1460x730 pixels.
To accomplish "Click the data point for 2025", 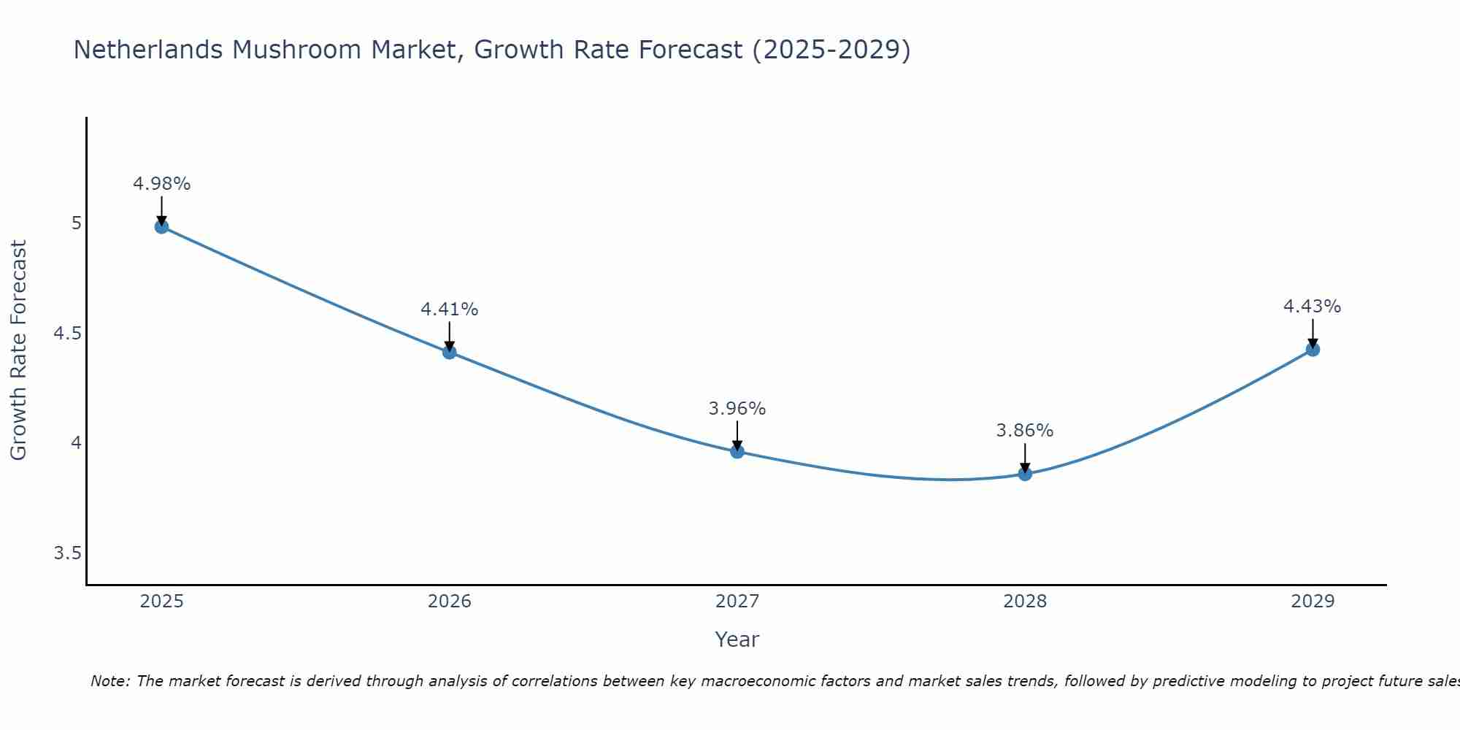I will pyautogui.click(x=161, y=226).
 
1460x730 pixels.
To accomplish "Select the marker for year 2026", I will pyautogui.click(x=449, y=352).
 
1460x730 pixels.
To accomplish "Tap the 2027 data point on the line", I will pyautogui.click(x=737, y=451).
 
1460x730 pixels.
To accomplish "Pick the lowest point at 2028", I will pyautogui.click(x=1025, y=474).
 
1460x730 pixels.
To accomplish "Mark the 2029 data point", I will pyautogui.click(x=1313, y=349).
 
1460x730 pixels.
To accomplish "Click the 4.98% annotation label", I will pyautogui.click(x=161, y=184).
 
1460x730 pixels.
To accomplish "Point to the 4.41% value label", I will pyautogui.click(x=449, y=310).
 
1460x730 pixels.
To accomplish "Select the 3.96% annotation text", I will pyautogui.click(x=737, y=409).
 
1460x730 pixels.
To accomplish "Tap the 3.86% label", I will pyautogui.click(x=1025, y=431).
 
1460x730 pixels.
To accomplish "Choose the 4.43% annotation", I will pyautogui.click(x=1313, y=307).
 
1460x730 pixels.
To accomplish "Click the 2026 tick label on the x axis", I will pyautogui.click(x=449, y=602).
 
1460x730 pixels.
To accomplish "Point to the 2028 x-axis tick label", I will pyautogui.click(x=1025, y=602).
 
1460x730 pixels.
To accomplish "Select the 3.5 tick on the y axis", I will pyautogui.click(x=67, y=553).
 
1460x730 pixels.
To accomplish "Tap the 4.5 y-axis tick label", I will pyautogui.click(x=67, y=334).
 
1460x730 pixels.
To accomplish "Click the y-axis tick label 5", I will pyautogui.click(x=76, y=223).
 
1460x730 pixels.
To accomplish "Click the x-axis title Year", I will pyautogui.click(x=737, y=639).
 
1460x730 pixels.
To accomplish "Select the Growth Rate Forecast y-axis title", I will pyautogui.click(x=18, y=350).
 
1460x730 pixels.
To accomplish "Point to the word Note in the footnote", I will pyautogui.click(x=109, y=681).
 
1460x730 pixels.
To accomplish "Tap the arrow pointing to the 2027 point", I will pyautogui.click(x=737, y=435).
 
